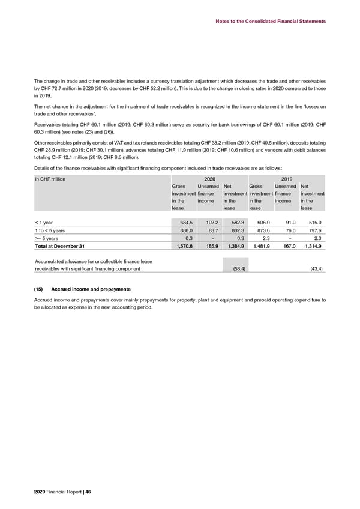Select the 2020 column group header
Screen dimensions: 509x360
tap(210, 178)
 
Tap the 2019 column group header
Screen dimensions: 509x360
tap(287, 178)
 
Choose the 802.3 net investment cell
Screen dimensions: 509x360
tap(236, 235)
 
